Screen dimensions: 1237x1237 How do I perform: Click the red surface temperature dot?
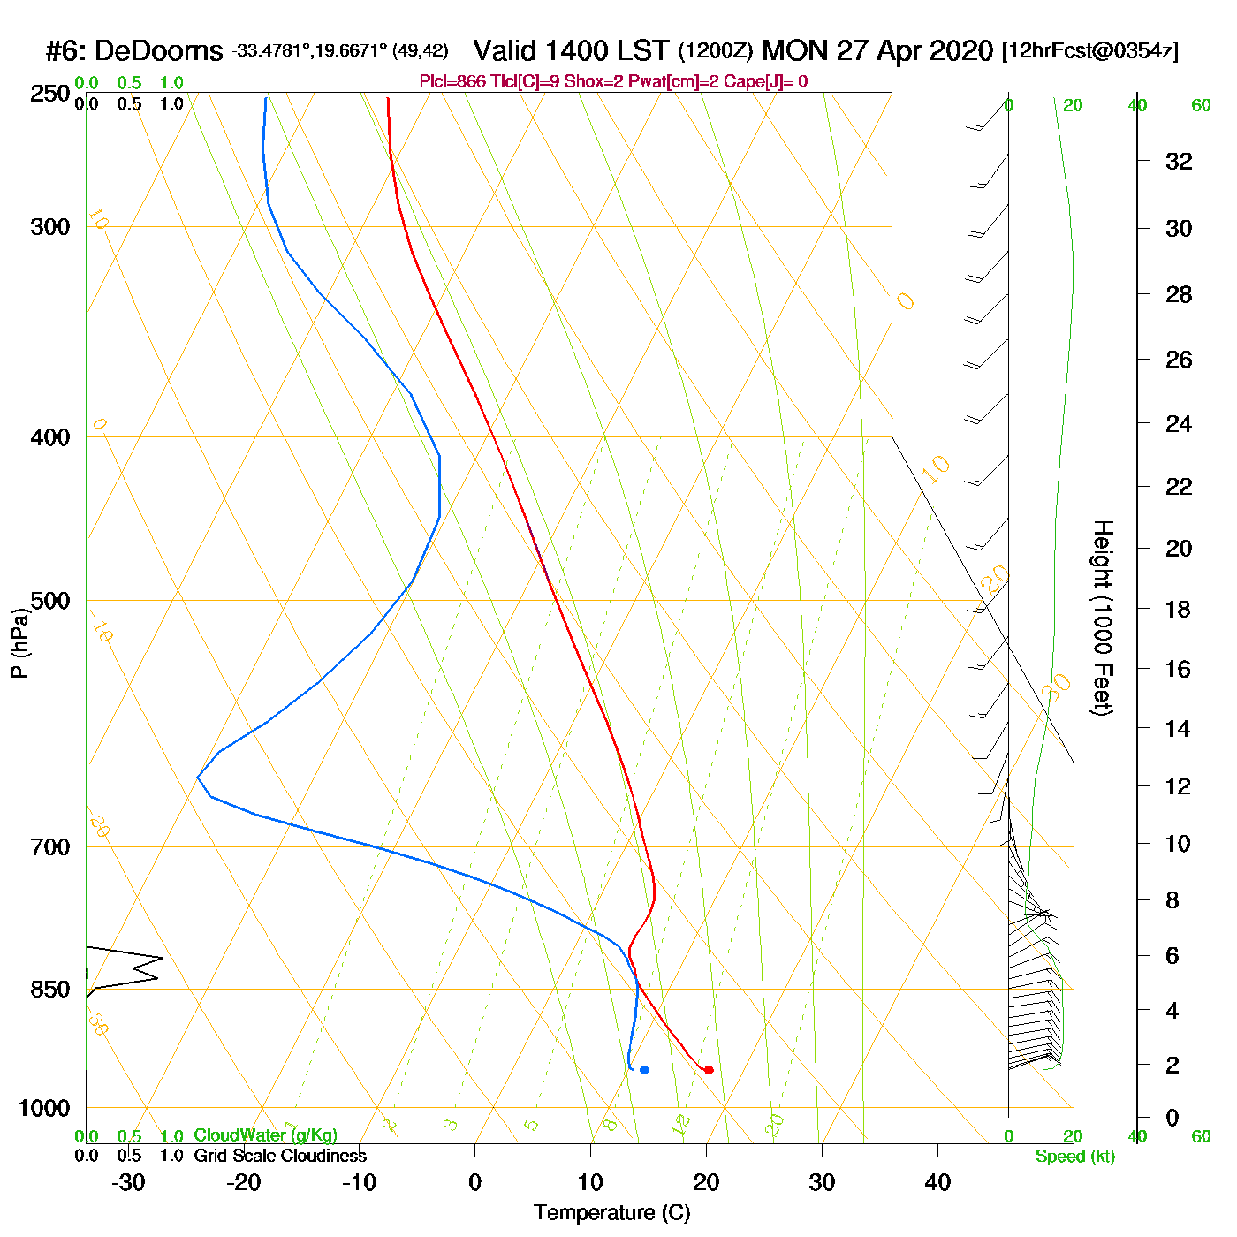(x=709, y=1070)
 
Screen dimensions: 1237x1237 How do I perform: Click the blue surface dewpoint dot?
(x=644, y=1070)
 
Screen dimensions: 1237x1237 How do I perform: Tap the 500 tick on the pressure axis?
(x=50, y=601)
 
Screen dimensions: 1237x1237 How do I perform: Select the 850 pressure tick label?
(x=50, y=990)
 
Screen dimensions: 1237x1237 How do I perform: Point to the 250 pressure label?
(x=50, y=94)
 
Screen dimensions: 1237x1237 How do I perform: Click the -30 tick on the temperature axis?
(x=128, y=1182)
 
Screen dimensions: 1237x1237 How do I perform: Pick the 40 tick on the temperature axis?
(x=937, y=1182)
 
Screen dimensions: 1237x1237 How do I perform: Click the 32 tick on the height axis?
(x=1179, y=161)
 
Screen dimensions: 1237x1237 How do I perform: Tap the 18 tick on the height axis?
(x=1179, y=609)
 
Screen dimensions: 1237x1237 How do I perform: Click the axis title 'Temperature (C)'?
(x=611, y=1213)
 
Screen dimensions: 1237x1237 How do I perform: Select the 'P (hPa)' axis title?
(x=19, y=643)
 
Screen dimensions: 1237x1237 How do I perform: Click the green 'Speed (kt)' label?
(x=1074, y=1157)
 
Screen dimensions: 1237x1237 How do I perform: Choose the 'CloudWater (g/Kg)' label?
(x=265, y=1135)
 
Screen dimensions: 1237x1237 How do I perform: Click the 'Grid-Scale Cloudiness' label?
(x=280, y=1156)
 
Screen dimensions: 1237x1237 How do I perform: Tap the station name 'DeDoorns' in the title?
(x=158, y=51)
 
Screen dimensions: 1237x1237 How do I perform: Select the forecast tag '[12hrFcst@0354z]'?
(x=1089, y=51)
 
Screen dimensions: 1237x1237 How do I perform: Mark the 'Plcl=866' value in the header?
(x=452, y=82)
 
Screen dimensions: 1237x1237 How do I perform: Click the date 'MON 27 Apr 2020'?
(x=877, y=50)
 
